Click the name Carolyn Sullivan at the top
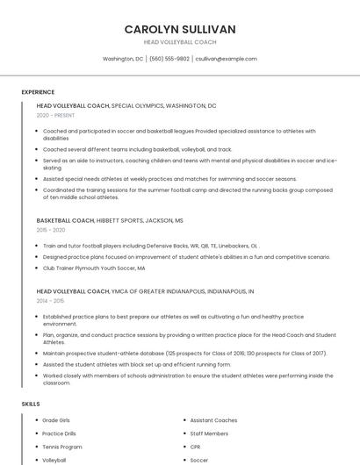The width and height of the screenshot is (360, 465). [180, 29]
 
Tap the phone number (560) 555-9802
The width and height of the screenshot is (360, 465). [169, 59]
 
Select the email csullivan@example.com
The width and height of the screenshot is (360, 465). [226, 59]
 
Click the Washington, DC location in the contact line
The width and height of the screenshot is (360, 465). [123, 59]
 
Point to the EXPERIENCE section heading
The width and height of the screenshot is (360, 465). [38, 92]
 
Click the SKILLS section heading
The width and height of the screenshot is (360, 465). [31, 404]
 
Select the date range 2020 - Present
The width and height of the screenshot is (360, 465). [56, 115]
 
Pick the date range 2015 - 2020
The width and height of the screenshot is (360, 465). [51, 230]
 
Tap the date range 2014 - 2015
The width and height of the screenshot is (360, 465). [51, 300]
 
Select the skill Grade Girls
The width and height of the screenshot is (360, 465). [58, 420]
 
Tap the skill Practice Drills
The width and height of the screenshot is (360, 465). [60, 433]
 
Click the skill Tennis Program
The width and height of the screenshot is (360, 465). [62, 447]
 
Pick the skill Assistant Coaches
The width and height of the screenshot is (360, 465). [213, 420]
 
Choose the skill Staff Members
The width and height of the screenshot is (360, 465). [209, 433]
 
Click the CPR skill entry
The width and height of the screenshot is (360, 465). [196, 447]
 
